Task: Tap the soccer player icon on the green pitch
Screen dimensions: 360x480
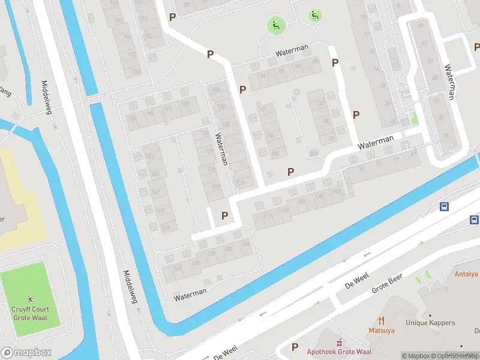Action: [31, 298]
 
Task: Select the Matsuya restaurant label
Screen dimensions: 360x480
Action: [381, 330]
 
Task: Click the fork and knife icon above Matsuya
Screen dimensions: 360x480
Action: [381, 320]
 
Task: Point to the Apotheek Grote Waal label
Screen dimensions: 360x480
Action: [339, 352]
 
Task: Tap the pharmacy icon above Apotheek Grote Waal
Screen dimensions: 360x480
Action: [339, 343]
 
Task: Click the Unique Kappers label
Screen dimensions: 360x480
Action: [430, 323]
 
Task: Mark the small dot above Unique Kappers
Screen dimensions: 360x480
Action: [430, 314]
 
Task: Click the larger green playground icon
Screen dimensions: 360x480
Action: [276, 25]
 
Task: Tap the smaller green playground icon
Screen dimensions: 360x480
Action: [315, 16]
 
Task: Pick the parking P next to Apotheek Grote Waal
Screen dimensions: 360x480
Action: [295, 347]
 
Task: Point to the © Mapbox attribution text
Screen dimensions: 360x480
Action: [416, 356]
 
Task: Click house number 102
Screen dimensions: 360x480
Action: [275, 154]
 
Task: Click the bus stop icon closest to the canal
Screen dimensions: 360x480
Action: [444, 207]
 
